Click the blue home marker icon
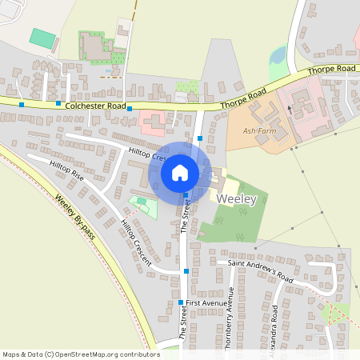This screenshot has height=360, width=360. pos(180,172)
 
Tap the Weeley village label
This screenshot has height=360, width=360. pos(236,200)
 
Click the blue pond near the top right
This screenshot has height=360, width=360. pos(278,56)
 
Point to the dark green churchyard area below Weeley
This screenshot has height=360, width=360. pos(232,224)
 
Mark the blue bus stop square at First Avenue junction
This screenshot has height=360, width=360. pos(181,303)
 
